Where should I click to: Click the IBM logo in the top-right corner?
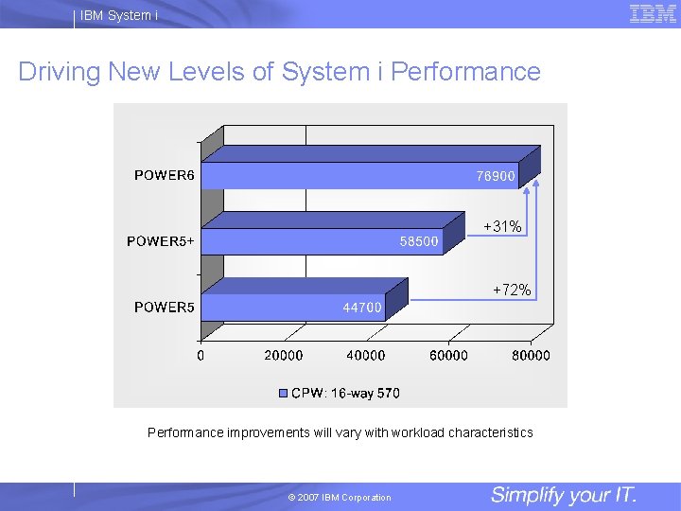653,13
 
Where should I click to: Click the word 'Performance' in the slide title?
465,72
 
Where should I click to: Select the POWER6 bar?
359,175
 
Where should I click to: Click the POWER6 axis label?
165,175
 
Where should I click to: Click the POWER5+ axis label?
161,240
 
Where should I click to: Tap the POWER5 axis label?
165,307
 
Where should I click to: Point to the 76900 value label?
496,176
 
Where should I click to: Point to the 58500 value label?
419,241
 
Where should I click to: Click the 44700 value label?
362,308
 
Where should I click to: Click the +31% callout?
502,226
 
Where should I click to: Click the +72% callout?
512,291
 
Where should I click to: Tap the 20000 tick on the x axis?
283,356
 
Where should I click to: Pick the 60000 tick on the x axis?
448,356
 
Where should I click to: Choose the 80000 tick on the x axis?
531,356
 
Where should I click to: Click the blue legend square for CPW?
284,393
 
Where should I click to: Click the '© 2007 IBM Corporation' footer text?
340,498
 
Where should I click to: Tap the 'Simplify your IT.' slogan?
564,495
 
